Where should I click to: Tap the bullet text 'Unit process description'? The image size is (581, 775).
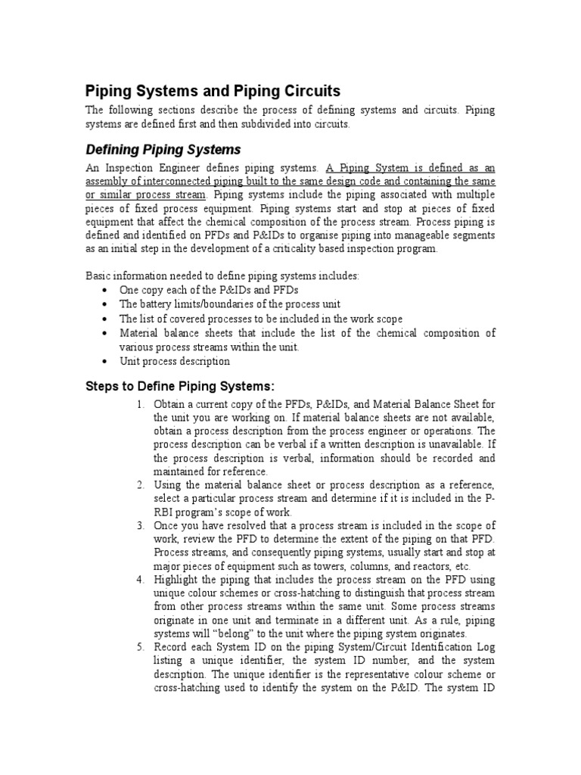coord(174,361)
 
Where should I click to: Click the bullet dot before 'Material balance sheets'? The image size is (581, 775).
coord(104,333)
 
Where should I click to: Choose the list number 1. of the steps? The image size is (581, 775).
coord(141,404)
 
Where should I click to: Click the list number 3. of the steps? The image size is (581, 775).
coord(141,525)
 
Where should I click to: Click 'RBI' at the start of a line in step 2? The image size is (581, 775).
coord(163,512)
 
